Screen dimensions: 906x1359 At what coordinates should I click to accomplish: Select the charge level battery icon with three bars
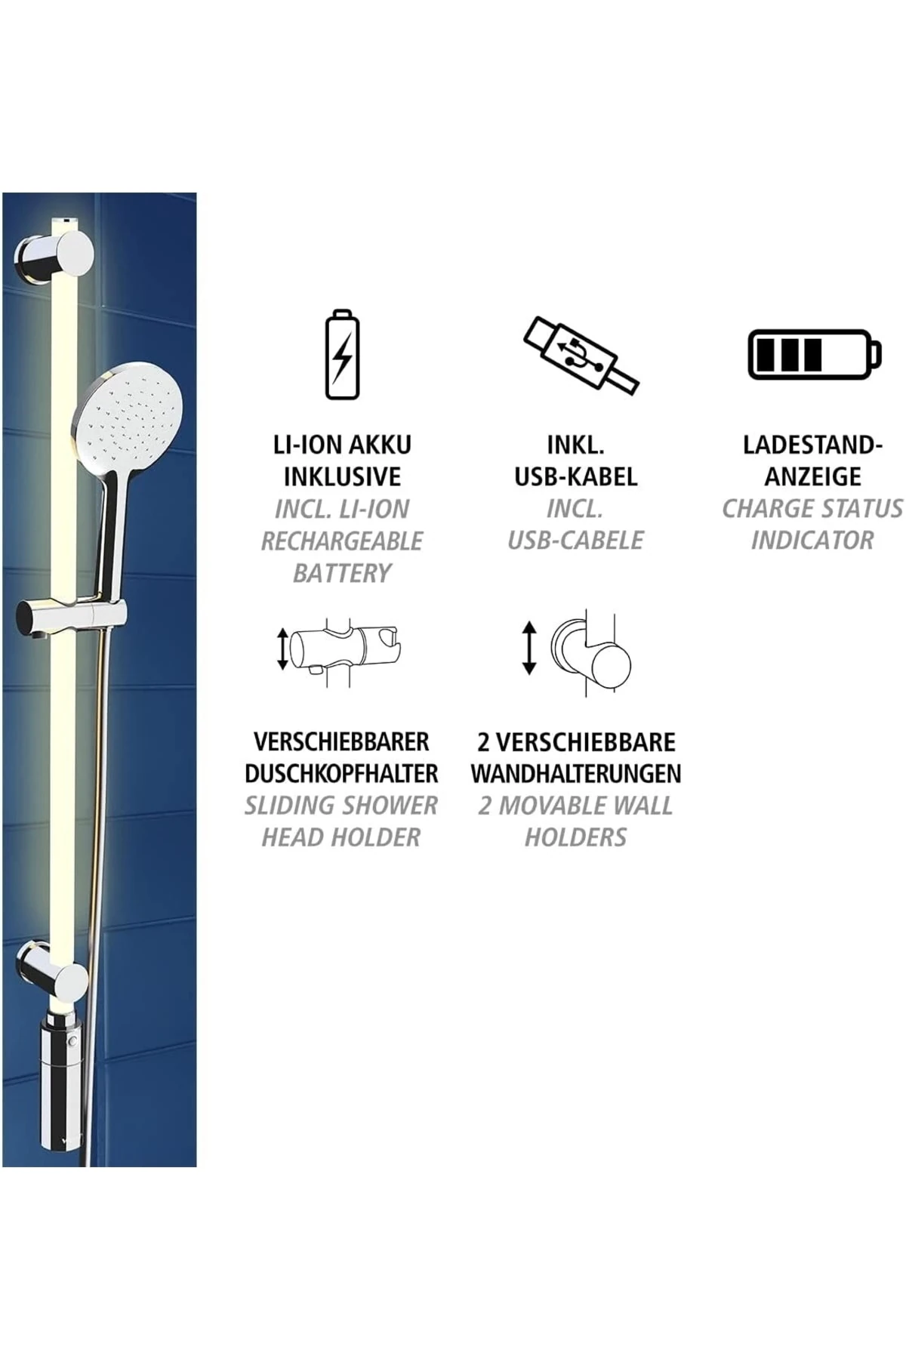pyautogui.click(x=814, y=353)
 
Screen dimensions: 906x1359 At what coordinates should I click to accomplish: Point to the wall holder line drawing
pyautogui.click(x=592, y=654)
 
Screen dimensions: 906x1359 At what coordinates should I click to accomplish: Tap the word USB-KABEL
pyautogui.click(x=576, y=476)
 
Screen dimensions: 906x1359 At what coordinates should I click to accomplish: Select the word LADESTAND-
pyautogui.click(x=813, y=445)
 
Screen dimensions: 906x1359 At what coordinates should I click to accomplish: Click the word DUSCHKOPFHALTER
pyautogui.click(x=341, y=773)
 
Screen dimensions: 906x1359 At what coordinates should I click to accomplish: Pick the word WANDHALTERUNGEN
pyautogui.click(x=576, y=773)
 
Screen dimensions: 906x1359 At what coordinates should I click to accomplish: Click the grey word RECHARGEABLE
pyautogui.click(x=342, y=541)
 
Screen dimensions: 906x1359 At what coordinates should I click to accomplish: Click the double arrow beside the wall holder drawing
pyautogui.click(x=528, y=648)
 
